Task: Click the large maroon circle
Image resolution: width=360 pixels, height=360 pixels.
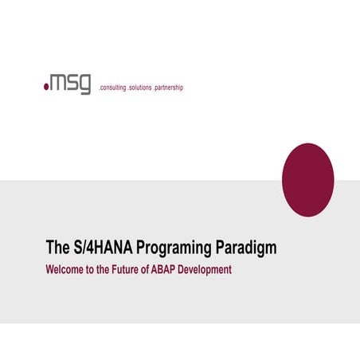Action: point(308,180)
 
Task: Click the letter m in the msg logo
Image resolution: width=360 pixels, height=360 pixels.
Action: point(59,83)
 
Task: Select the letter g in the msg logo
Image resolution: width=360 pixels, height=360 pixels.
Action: point(85,84)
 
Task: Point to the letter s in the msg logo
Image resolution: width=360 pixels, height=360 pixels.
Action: point(72,83)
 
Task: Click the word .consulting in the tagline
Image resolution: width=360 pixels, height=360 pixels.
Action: point(112,88)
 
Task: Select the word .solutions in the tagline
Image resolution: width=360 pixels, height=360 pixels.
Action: point(145,88)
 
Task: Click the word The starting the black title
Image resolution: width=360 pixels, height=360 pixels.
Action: point(57,248)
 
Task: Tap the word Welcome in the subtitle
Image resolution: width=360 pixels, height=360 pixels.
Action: point(65,269)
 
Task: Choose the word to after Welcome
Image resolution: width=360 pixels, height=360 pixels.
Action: point(93,269)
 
